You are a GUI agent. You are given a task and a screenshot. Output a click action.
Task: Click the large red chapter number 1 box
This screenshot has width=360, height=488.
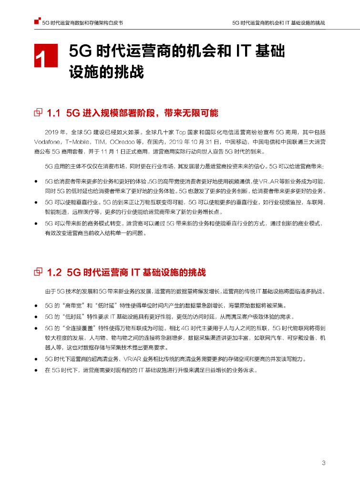[x=46, y=57]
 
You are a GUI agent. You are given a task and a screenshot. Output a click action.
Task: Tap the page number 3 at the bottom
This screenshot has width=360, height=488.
[x=324, y=463]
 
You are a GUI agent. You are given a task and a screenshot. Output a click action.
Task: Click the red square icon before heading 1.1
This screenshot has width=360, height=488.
[x=38, y=113]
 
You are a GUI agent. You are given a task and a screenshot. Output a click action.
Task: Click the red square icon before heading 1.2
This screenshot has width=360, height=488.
[x=38, y=273]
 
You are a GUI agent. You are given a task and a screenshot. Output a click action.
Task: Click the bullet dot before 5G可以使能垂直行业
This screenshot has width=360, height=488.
[x=37, y=203]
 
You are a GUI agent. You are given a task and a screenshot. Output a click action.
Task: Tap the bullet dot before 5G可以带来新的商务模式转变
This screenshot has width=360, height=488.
[x=37, y=223]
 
